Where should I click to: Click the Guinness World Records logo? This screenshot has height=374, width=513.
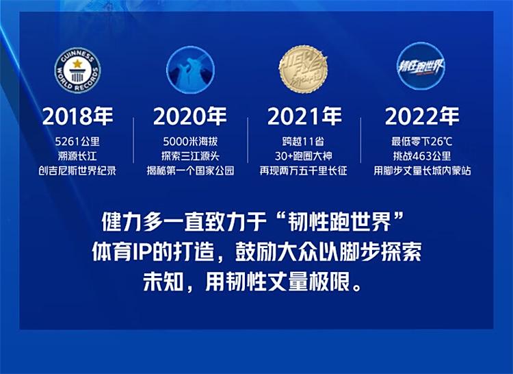tap(77, 71)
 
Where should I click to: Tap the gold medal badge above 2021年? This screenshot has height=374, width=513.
tap(304, 69)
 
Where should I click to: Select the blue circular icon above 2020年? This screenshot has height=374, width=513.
tap(191, 70)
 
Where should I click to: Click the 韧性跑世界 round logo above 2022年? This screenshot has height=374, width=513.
tap(421, 66)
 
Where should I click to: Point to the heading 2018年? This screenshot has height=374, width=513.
tap(77, 116)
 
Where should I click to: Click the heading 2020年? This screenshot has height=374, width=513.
tap(190, 116)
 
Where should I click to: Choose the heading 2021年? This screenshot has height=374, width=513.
tap(304, 116)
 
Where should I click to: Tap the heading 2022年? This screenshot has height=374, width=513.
tap(422, 116)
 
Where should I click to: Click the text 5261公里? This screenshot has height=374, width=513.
tap(77, 142)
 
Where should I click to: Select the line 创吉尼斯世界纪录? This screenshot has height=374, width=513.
tap(77, 171)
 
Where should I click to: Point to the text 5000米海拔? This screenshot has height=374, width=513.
tap(190, 142)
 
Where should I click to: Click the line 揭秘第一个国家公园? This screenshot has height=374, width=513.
tap(190, 171)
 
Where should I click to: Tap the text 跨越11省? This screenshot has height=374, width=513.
tap(303, 142)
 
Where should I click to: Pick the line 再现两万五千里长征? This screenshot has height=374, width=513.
tap(303, 171)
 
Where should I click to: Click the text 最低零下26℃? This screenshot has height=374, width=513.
tap(422, 142)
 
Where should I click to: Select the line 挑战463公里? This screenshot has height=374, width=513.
tap(422, 156)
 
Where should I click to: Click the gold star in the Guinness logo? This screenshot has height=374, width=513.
tap(77, 63)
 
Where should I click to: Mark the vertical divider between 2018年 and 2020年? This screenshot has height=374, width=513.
tap(133, 140)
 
